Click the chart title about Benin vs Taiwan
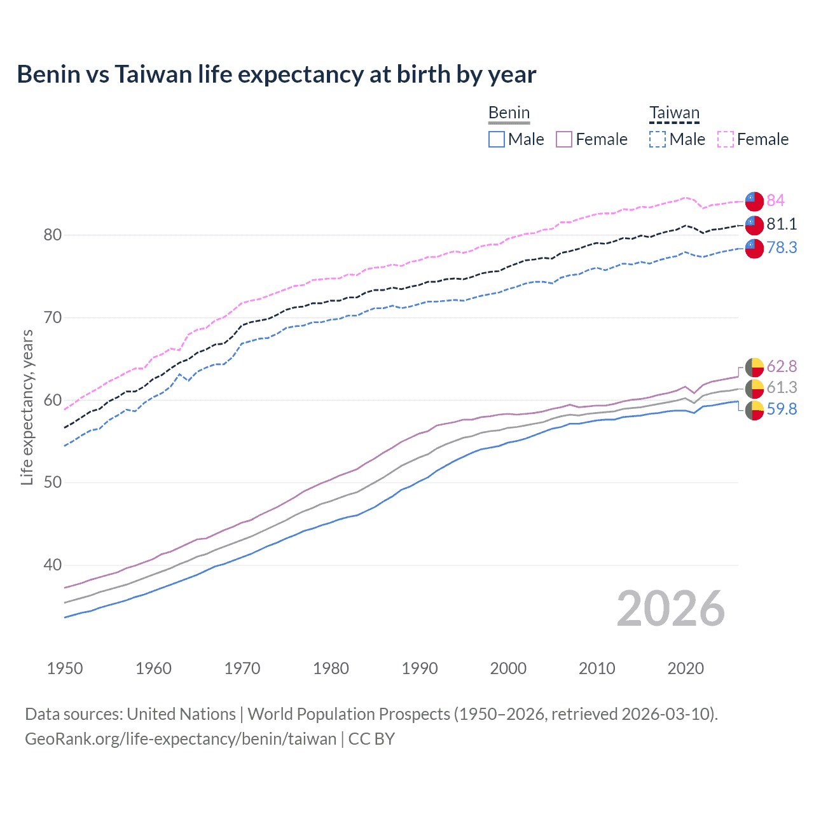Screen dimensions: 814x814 coord(276,74)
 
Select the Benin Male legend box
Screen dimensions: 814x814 coord(497,139)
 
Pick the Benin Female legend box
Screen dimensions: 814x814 coord(564,139)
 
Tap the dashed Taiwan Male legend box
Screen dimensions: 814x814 coord(658,139)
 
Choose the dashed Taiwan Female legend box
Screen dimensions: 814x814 coord(726,139)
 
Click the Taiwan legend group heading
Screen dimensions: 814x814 coord(674,113)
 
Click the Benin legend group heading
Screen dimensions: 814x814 coord(509,113)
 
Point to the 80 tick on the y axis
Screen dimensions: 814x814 coord(52,235)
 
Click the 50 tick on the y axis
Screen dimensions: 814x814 coord(52,482)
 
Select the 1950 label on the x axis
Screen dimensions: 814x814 coord(65,668)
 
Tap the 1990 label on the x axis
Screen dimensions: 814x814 coord(420,668)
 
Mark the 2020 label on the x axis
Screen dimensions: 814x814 coord(686,668)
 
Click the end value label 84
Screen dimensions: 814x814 coord(775,200)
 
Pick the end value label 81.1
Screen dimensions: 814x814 coord(782,224)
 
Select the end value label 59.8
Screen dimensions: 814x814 coord(782,409)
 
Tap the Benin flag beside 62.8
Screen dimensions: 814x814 coord(754,367)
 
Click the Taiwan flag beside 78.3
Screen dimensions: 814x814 coord(754,248)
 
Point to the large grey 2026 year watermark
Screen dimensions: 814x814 coord(670,609)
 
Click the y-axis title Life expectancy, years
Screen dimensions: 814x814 coord(27,407)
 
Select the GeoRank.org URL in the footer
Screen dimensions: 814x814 coord(181,739)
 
